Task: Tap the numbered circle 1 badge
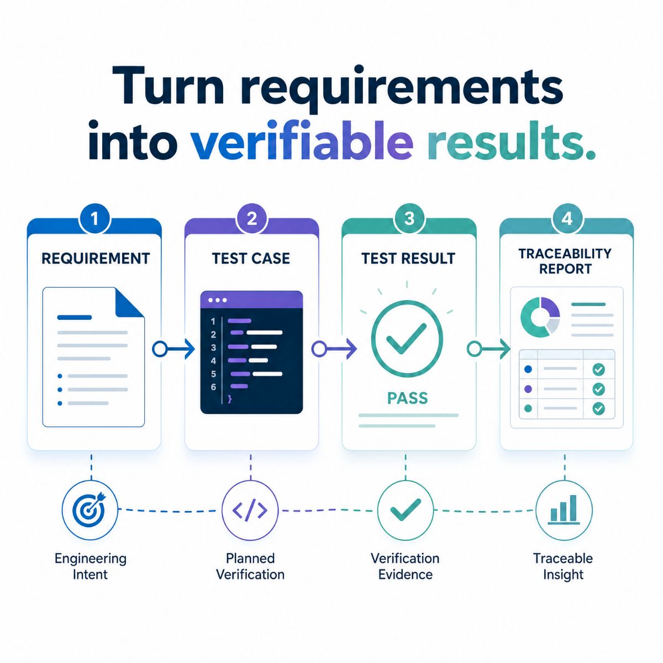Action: (94, 218)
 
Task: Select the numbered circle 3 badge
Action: (409, 218)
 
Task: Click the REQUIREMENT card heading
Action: (96, 259)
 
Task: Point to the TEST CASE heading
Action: (251, 259)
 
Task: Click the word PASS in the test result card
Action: (407, 398)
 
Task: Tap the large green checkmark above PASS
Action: (406, 338)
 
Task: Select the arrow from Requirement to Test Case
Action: (173, 349)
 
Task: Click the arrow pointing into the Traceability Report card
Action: (488, 349)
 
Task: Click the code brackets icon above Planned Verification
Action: (250, 510)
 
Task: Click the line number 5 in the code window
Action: (213, 373)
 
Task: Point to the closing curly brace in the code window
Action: (230, 399)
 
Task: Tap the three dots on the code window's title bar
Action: (218, 300)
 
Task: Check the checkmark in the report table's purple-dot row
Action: (599, 389)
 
